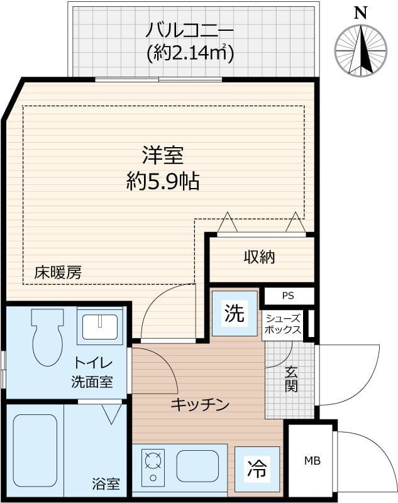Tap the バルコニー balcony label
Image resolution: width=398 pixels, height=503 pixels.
click(190, 30)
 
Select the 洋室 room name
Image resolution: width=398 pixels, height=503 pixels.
click(162, 155)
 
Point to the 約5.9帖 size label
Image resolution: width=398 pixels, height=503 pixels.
click(162, 182)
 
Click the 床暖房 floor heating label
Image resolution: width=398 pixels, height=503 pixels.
click(58, 272)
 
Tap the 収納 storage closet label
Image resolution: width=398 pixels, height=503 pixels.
click(260, 257)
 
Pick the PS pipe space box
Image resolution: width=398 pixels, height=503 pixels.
click(287, 296)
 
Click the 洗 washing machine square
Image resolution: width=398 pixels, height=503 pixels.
click(235, 313)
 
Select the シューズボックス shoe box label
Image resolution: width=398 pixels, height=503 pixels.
click(283, 324)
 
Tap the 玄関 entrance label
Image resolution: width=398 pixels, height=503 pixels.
click(290, 380)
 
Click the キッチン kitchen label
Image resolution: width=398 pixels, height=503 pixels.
click(199, 405)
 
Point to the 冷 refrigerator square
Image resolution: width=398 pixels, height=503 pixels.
click(256, 468)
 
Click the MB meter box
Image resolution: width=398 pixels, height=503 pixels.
click(312, 462)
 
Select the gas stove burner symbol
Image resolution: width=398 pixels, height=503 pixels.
click(153, 464)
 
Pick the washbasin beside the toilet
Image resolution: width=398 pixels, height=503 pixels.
click(98, 326)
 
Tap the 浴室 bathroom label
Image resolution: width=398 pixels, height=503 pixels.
click(105, 484)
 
